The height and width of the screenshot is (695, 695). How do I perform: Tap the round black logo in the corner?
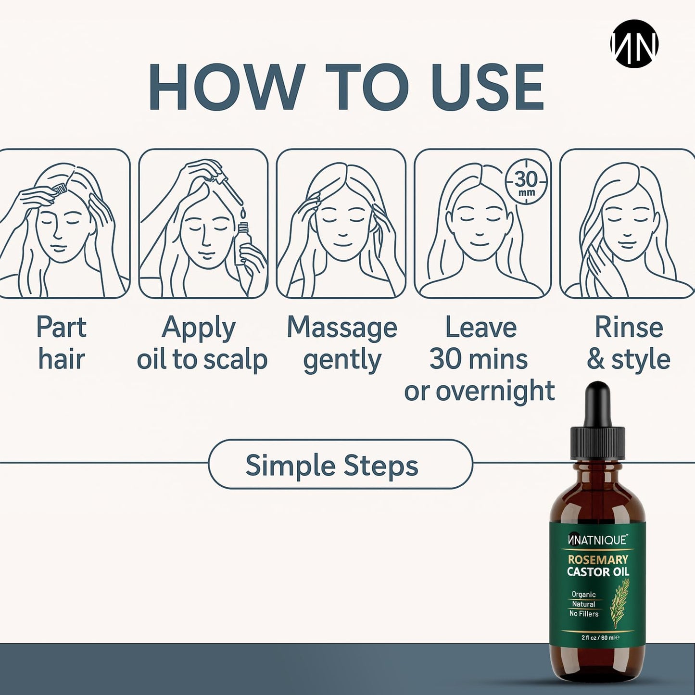(634, 44)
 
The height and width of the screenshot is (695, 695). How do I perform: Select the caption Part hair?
(62, 343)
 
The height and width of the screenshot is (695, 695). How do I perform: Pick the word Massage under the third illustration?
(342, 328)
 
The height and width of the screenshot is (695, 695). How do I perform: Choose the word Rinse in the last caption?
(629, 328)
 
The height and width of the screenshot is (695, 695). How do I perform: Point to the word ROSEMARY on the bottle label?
(597, 559)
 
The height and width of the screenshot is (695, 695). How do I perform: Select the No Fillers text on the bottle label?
(584, 614)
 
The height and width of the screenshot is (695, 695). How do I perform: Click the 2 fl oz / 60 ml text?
(598, 638)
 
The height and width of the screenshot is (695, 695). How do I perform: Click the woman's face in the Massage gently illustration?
(342, 228)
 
